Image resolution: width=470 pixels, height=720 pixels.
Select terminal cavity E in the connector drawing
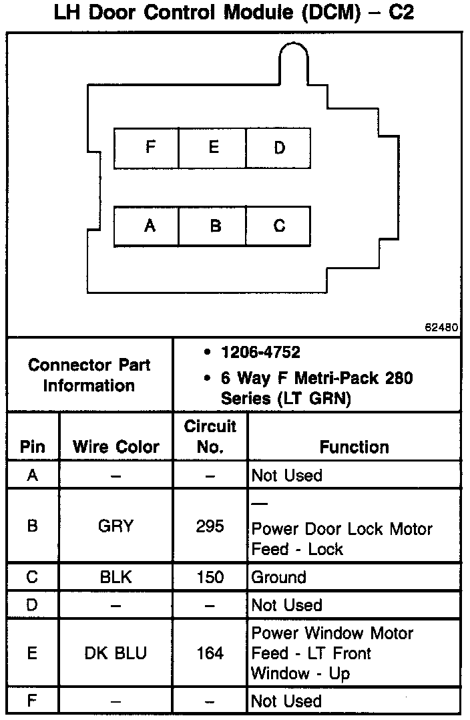213,148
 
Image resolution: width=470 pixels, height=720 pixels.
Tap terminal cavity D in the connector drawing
278,148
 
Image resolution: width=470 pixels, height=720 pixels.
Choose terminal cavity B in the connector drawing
213,226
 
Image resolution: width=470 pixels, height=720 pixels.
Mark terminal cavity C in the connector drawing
278,226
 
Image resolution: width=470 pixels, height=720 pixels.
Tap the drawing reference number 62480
441,327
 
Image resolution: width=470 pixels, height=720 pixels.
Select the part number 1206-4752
260,352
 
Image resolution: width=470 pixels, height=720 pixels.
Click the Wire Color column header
116,447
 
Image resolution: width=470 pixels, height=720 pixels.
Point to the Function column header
354,447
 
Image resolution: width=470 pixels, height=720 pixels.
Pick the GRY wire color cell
116,526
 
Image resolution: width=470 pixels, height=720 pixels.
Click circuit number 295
210,526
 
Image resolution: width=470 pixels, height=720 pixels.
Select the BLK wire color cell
116,577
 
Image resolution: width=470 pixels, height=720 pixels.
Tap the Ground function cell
278,577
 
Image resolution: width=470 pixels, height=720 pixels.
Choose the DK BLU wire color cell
116,653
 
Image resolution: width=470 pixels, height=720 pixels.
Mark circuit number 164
210,653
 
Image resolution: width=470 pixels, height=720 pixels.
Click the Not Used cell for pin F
286,701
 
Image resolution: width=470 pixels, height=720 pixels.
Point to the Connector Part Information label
89,375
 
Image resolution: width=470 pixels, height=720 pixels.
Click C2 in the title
399,13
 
